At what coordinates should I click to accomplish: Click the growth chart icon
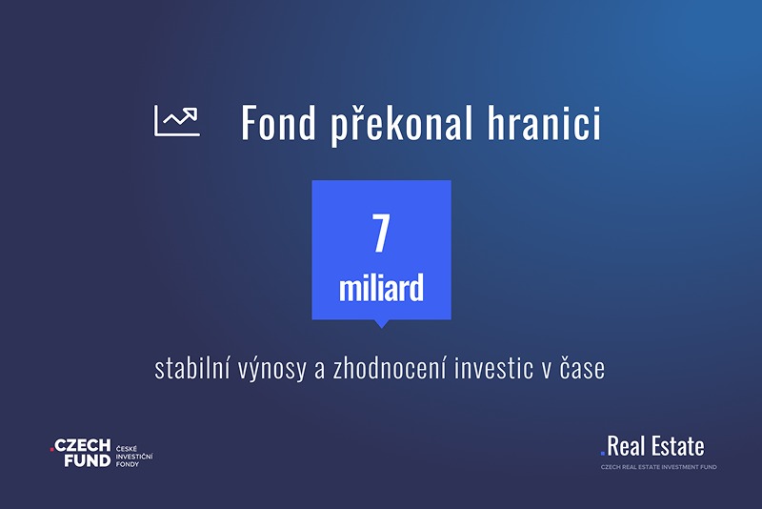(177, 120)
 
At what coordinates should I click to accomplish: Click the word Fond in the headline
(279, 123)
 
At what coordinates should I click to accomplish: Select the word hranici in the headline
(544, 122)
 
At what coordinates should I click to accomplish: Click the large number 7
(381, 233)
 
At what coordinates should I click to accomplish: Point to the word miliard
(382, 288)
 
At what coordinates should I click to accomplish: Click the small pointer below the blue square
(382, 324)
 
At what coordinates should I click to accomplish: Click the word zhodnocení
(389, 368)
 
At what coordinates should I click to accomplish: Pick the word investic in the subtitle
(493, 368)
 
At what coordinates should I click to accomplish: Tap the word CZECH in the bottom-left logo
(83, 445)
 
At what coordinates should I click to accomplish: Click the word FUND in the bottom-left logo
(88, 460)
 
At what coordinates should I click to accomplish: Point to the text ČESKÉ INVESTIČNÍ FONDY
(134, 457)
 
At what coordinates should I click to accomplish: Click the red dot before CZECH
(51, 450)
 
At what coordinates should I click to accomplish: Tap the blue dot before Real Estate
(603, 454)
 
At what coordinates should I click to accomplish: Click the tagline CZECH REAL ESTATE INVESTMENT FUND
(658, 467)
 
